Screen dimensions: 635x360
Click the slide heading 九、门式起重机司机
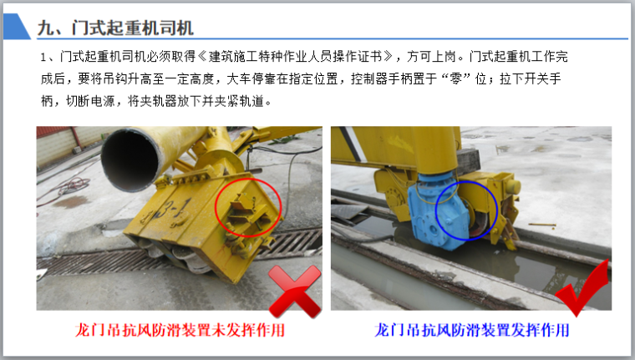pos(115,28)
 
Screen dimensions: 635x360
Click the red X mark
pos(295,292)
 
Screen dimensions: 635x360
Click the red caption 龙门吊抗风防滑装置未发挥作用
pos(180,330)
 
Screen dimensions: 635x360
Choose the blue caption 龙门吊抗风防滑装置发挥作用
pos(472,330)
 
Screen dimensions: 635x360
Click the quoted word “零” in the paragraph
pos(456,79)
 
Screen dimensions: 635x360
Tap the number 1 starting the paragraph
pos(43,57)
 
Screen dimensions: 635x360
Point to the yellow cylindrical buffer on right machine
pos(511,186)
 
